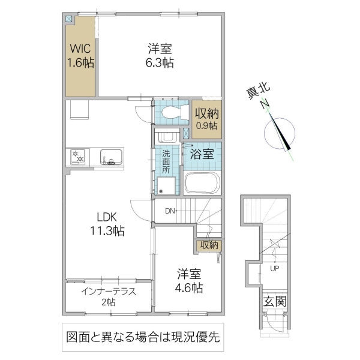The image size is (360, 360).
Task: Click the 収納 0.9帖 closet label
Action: pyautogui.click(x=206, y=118)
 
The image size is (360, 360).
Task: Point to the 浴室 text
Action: pyautogui.click(x=202, y=153)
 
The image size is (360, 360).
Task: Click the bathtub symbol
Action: pyautogui.click(x=201, y=182)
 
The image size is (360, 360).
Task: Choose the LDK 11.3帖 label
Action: pyautogui.click(x=106, y=223)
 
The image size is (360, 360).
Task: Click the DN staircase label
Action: pyautogui.click(x=170, y=211)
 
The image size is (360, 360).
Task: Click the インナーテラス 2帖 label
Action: pyautogui.click(x=109, y=296)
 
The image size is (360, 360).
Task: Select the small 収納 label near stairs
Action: pyautogui.click(x=208, y=245)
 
